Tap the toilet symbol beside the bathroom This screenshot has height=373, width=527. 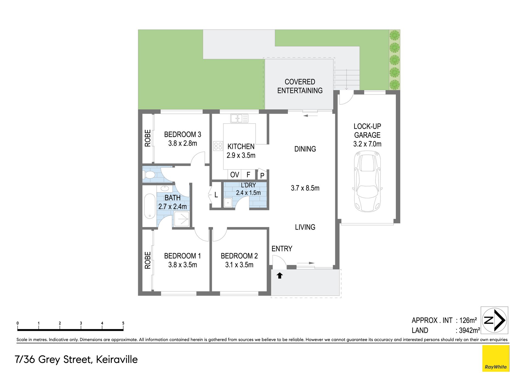click(x=148, y=174)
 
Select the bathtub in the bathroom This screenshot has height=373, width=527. click(x=150, y=206)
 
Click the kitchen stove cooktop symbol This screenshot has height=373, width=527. click(x=218, y=146)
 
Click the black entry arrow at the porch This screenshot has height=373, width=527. click(x=280, y=275)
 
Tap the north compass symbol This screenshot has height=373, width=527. click(x=494, y=320)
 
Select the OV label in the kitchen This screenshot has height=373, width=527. click(x=235, y=175)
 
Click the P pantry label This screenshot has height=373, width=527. click(x=262, y=175)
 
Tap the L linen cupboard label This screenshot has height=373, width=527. click(x=216, y=195)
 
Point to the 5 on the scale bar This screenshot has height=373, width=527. click(x=123, y=323)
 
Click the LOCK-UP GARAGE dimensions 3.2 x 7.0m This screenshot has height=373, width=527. click(x=367, y=144)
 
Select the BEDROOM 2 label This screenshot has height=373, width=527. click(x=239, y=256)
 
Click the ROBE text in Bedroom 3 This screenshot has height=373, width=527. click(x=148, y=138)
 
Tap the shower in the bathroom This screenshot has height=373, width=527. click(x=181, y=219)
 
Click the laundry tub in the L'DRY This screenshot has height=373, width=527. click(x=228, y=203)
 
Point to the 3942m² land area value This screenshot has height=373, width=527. click(x=469, y=330)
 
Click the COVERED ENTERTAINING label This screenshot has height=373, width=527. click(x=300, y=86)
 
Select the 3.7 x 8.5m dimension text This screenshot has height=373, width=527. click(x=305, y=188)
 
